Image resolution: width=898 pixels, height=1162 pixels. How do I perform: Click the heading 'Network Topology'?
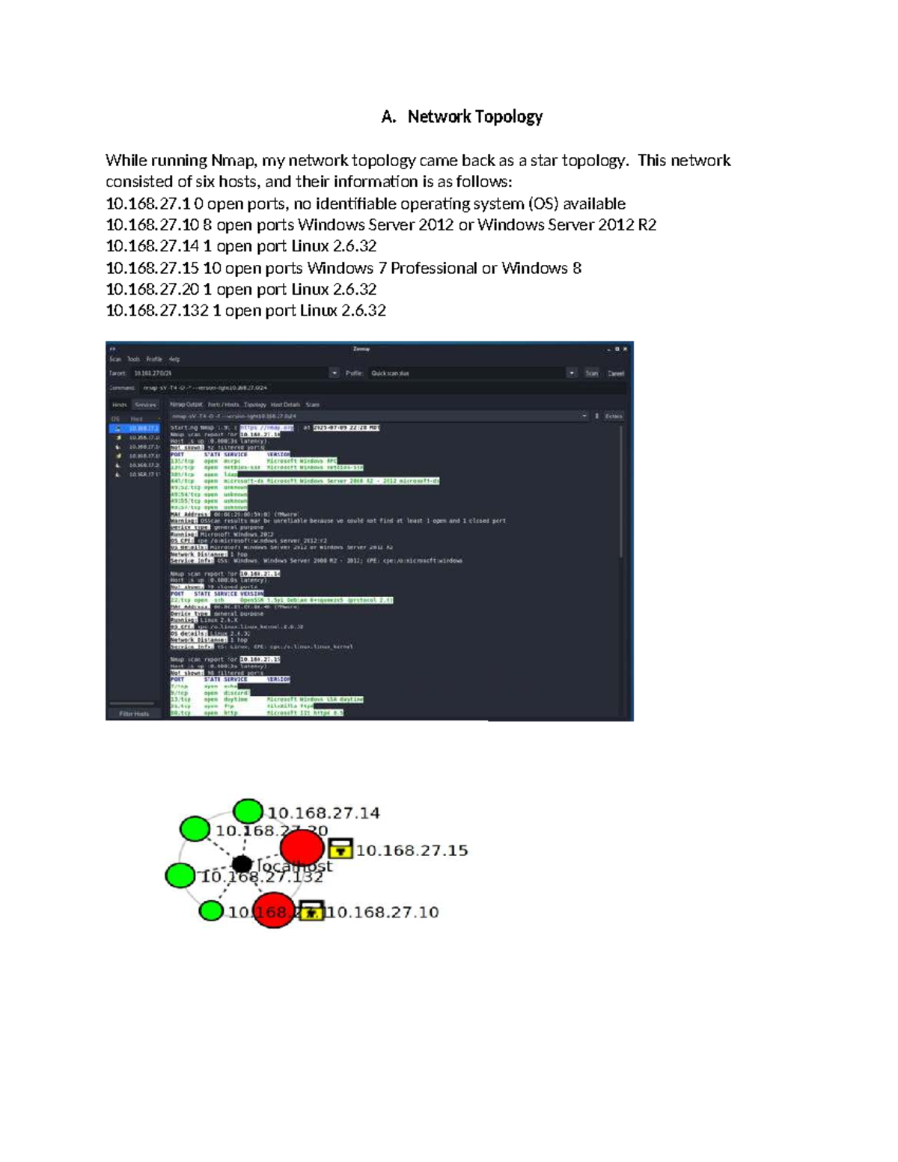[x=474, y=117]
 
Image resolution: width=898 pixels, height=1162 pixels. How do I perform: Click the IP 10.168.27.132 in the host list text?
[x=157, y=311]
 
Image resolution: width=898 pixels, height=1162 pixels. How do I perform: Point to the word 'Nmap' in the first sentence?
[x=233, y=160]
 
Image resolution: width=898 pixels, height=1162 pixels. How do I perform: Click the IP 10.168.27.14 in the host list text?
[x=152, y=246]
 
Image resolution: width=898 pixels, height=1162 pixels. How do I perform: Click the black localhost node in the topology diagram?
[x=242, y=866]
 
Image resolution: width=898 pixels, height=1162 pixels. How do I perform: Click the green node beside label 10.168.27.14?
[x=248, y=811]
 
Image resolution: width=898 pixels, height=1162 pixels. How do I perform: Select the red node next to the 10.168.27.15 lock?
[x=302, y=848]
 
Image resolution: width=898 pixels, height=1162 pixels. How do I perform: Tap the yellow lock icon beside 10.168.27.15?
[x=340, y=848]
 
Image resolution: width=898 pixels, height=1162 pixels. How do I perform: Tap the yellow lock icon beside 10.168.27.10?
[x=311, y=911]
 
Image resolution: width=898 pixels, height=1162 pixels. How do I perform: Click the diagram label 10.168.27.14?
[x=323, y=813]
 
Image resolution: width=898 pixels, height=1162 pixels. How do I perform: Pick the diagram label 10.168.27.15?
[x=412, y=851]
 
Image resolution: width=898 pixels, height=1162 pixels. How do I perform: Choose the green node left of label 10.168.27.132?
[x=180, y=875]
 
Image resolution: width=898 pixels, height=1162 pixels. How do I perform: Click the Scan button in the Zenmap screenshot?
[x=591, y=373]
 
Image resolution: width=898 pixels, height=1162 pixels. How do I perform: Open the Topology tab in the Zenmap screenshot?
[x=255, y=405]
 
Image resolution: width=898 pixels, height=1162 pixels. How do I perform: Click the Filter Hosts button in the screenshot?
[x=134, y=714]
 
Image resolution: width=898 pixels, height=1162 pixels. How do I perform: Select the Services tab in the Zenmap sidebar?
[x=145, y=405]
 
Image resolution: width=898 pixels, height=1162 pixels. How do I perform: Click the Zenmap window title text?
[x=361, y=349]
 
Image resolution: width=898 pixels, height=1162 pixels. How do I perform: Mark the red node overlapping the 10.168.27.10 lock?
[x=273, y=910]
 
